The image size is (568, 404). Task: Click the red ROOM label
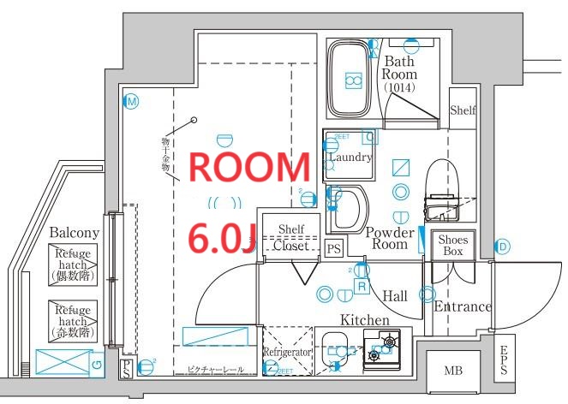pos(248,168)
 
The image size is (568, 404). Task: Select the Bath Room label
pos(399,73)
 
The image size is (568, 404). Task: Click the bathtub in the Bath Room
pos(350,80)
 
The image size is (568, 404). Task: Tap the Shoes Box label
pos(452,246)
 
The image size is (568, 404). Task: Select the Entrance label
pos(463,306)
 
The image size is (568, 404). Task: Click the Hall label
pos(395,295)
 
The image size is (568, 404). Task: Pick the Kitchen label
pos(365,319)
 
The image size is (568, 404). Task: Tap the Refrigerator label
pos(285,352)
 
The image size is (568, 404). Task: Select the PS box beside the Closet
pos(334,248)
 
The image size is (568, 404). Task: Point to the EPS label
pos(504,360)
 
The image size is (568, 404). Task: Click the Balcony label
pos(75,232)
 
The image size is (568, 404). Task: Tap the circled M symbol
pos(132,101)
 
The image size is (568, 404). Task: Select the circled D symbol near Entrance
pos(503,247)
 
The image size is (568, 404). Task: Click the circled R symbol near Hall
pos(362,286)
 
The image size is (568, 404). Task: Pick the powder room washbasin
pos(349,208)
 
